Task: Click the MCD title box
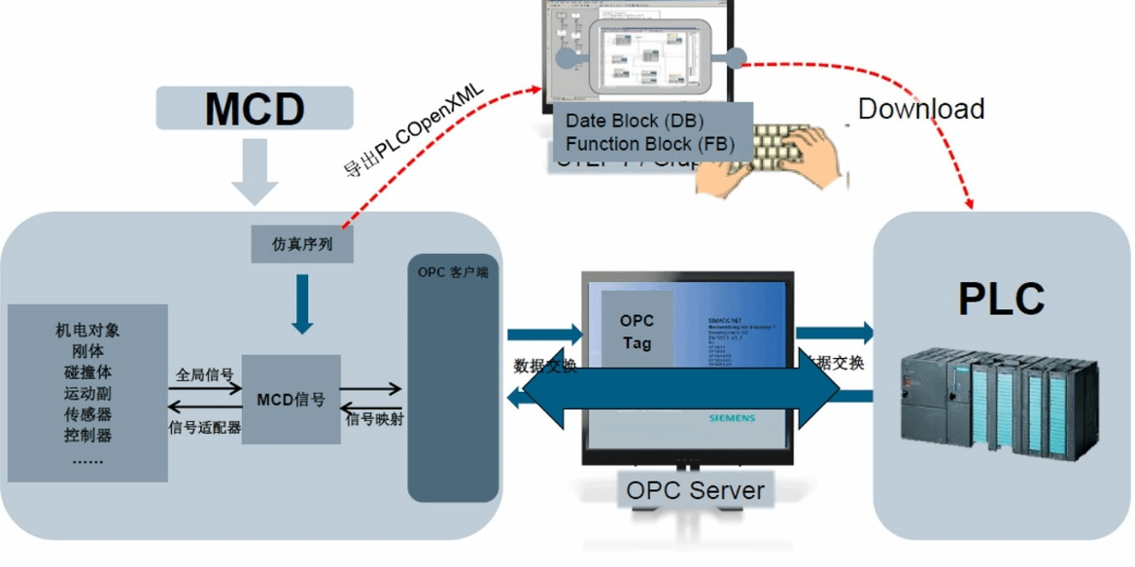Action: tap(255, 108)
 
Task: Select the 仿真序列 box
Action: tap(302, 243)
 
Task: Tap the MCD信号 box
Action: tap(291, 400)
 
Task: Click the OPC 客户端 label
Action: tap(452, 272)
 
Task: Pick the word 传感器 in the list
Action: tap(87, 414)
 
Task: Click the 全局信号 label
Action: tap(205, 373)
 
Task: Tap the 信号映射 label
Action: tap(373, 420)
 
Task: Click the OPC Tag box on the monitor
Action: tap(636, 331)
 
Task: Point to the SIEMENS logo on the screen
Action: tap(730, 418)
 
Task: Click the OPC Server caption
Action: tap(695, 489)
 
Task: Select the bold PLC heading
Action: tap(1001, 299)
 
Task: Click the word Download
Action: tap(921, 108)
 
